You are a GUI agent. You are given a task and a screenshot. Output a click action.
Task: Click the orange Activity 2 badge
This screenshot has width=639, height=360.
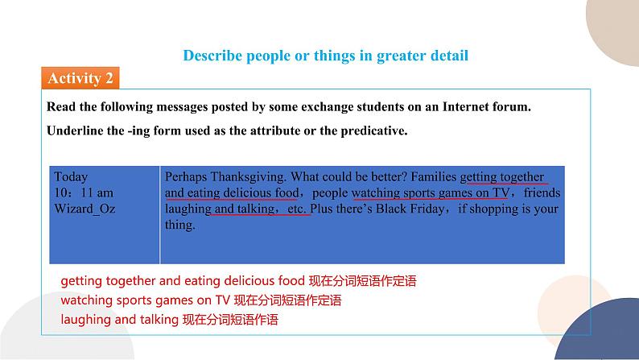tap(80, 78)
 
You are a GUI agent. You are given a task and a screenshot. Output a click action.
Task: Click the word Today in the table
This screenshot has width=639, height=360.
tap(71, 176)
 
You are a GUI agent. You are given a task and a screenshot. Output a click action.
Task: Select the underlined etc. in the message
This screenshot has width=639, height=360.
tap(297, 209)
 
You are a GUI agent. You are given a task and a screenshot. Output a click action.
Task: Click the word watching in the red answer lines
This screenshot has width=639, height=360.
tap(85, 300)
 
